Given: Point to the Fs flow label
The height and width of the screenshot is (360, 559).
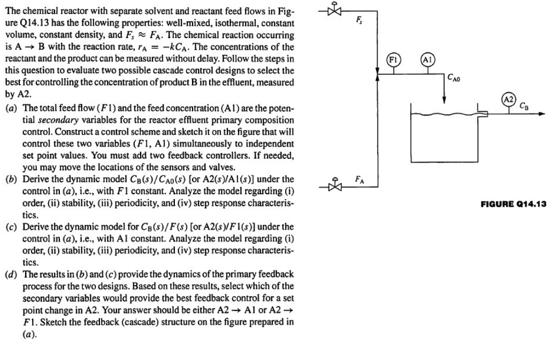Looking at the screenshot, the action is tap(359, 21).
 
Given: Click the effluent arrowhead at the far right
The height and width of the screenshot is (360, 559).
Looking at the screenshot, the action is tap(542, 113).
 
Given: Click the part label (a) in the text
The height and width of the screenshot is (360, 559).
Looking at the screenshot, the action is tap(11, 108).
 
